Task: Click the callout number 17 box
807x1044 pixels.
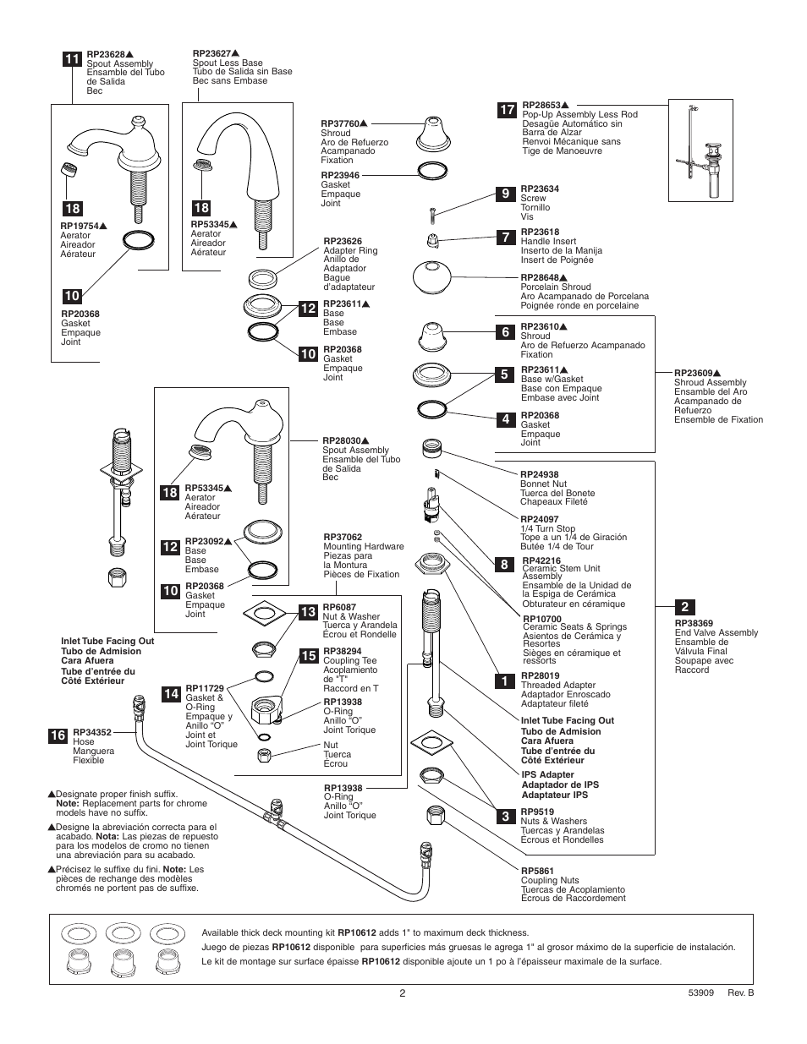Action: (x=506, y=110)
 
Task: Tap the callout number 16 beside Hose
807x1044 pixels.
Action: (x=57, y=736)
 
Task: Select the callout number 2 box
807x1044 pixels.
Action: (x=683, y=607)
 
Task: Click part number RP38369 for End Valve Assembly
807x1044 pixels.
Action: (x=693, y=623)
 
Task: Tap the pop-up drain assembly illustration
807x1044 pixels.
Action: (x=700, y=150)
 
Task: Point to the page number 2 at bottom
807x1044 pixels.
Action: (x=403, y=993)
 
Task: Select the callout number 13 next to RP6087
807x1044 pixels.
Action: (x=308, y=611)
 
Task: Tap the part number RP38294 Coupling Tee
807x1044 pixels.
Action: (x=342, y=652)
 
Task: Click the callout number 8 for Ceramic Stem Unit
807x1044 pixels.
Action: (x=505, y=564)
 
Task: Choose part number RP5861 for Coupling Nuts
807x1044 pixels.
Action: (x=537, y=871)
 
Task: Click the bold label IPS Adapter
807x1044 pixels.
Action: (x=547, y=774)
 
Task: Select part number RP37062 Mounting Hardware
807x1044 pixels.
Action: (x=342, y=537)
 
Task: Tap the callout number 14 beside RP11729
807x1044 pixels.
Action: (x=172, y=694)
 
